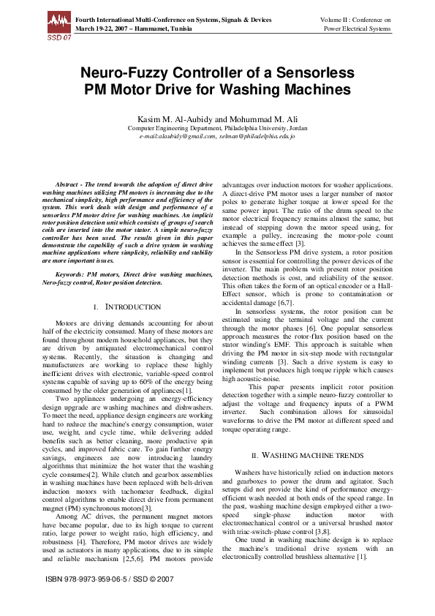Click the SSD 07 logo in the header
(x=58, y=26)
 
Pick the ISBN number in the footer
(x=102, y=599)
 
